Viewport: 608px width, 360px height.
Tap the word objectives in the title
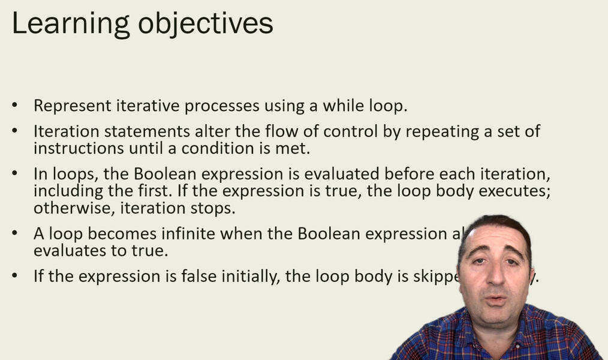click(x=206, y=24)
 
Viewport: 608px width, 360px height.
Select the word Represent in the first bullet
click(x=70, y=106)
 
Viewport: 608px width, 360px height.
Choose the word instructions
click(x=76, y=148)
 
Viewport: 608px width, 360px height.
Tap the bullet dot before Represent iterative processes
click(x=15, y=106)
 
